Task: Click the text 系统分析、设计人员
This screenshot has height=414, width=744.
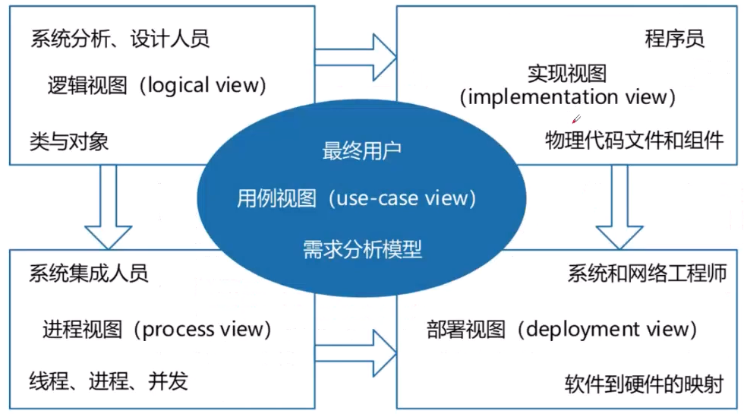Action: pyautogui.click(x=119, y=39)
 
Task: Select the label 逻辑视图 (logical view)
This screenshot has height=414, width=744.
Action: pyautogui.click(x=156, y=85)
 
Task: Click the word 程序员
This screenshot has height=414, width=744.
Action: pyautogui.click(x=674, y=39)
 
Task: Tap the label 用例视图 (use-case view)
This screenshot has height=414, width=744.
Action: pyautogui.click(x=356, y=199)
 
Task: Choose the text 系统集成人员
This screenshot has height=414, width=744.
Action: pyautogui.click(x=89, y=273)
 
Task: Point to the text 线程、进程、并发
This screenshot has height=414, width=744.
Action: pyautogui.click(x=109, y=381)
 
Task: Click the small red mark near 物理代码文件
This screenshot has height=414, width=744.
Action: pyautogui.click(x=576, y=119)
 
